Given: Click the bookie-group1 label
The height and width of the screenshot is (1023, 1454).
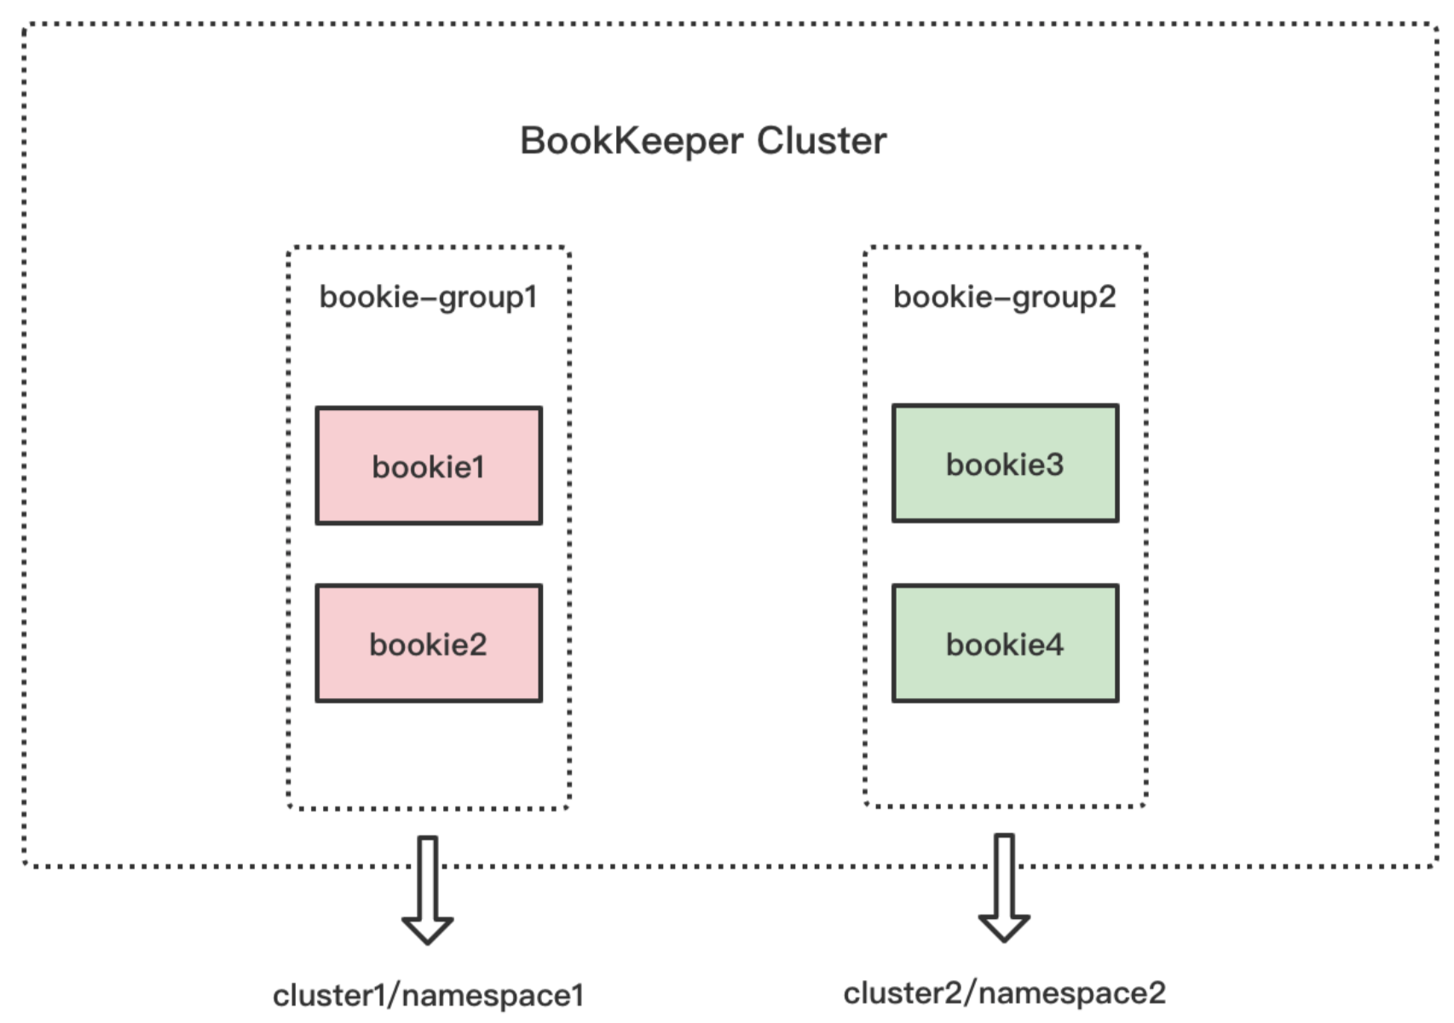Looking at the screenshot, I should pos(428,297).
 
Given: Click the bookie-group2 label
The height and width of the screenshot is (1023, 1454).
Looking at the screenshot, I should pos(1004,297).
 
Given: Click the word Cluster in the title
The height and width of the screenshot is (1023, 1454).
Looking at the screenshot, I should pos(822,141).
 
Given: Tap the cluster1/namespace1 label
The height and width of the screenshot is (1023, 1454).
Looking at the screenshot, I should pos(428,995).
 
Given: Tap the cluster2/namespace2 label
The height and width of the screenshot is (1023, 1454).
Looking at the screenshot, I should pos(1004,993).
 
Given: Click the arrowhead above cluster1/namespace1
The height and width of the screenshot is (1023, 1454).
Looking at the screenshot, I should pos(428,929).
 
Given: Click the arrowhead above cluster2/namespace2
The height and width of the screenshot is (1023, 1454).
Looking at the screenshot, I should pos(1004,927).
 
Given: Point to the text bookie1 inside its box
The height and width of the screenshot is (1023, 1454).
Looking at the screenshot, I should pos(428,467).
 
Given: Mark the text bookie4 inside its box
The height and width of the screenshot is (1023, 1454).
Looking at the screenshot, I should pos(1005,644).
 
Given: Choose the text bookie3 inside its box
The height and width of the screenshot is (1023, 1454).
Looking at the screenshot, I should pos(1005,465).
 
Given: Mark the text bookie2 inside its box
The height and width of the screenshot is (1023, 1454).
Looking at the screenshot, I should pos(428,644).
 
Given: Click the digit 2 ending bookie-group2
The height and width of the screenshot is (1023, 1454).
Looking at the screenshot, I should pos(1106,297).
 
